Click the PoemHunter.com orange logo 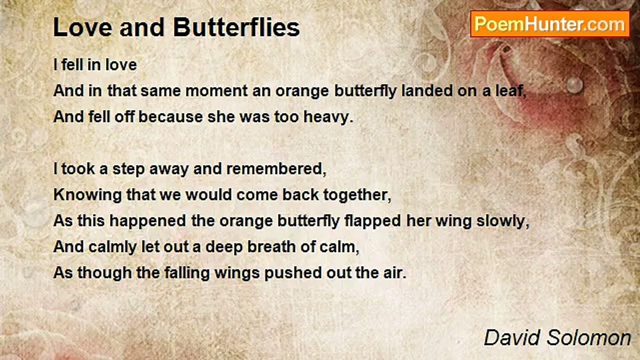pyautogui.click(x=550, y=24)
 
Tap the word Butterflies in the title pyautogui.click(x=236, y=27)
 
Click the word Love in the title pyautogui.click(x=82, y=27)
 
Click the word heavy pyautogui.click(x=328, y=117)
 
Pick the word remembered pyautogui.click(x=276, y=169)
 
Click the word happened pyautogui.click(x=147, y=221)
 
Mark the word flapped pyautogui.click(x=372, y=221)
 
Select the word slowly pyautogui.click(x=503, y=221)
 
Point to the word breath pyautogui.click(x=271, y=247)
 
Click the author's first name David pyautogui.click(x=512, y=338)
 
